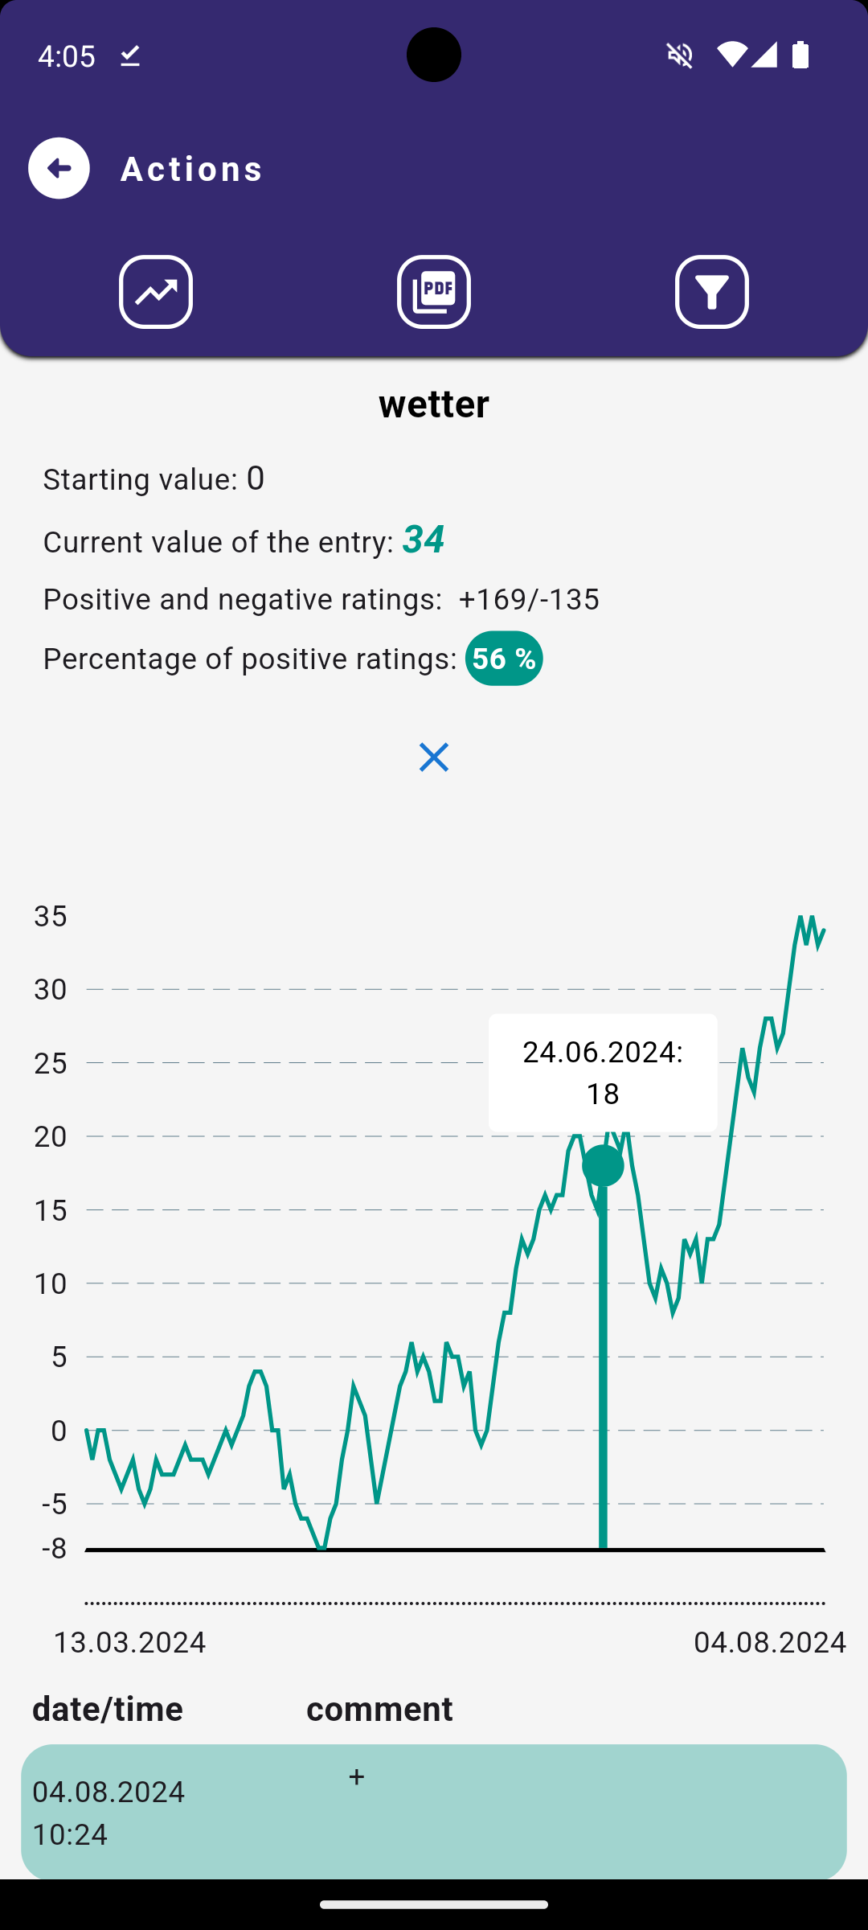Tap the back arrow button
coord(59,168)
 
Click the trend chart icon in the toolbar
coord(156,292)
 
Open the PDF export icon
coord(434,292)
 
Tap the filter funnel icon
coord(712,292)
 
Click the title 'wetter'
coord(434,404)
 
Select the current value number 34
coord(424,540)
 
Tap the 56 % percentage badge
coord(504,659)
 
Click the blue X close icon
coord(434,758)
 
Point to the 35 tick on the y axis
coord(51,916)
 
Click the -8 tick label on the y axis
coord(54,1548)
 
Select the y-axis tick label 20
coord(51,1136)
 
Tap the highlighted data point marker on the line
coord(603,1165)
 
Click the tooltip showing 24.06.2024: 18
coord(603,1073)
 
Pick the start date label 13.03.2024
coord(129,1642)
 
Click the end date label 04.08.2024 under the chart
coord(770,1642)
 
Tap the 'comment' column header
coord(379,1709)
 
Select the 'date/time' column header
coord(108,1709)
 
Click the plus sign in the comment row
coord(357,1777)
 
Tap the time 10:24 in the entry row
coord(70,1834)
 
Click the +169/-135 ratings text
coord(529,599)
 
